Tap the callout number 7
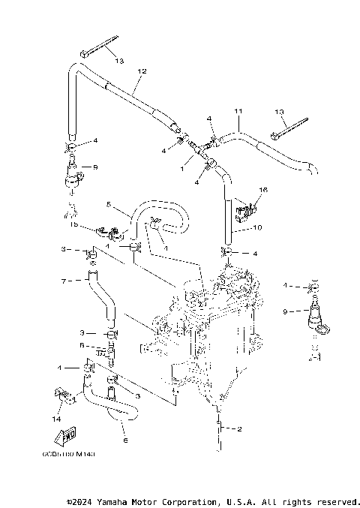click(x=64, y=281)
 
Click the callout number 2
click(x=238, y=429)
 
